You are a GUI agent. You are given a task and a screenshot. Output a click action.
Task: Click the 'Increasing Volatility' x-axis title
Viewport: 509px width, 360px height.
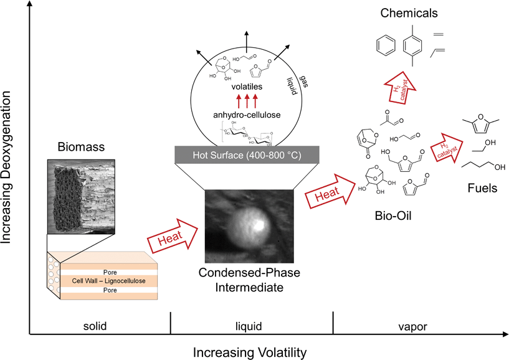click(x=250, y=353)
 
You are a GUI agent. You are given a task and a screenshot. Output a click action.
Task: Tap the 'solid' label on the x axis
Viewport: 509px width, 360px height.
click(x=100, y=326)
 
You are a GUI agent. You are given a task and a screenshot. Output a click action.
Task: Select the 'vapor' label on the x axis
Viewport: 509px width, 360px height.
click(x=420, y=326)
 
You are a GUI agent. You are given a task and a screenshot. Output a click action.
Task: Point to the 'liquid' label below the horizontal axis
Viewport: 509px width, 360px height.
click(x=252, y=326)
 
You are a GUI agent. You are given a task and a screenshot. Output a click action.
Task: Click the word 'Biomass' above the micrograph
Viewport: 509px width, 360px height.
click(x=80, y=148)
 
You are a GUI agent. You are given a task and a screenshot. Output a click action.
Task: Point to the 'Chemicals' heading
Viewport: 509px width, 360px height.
click(x=409, y=13)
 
